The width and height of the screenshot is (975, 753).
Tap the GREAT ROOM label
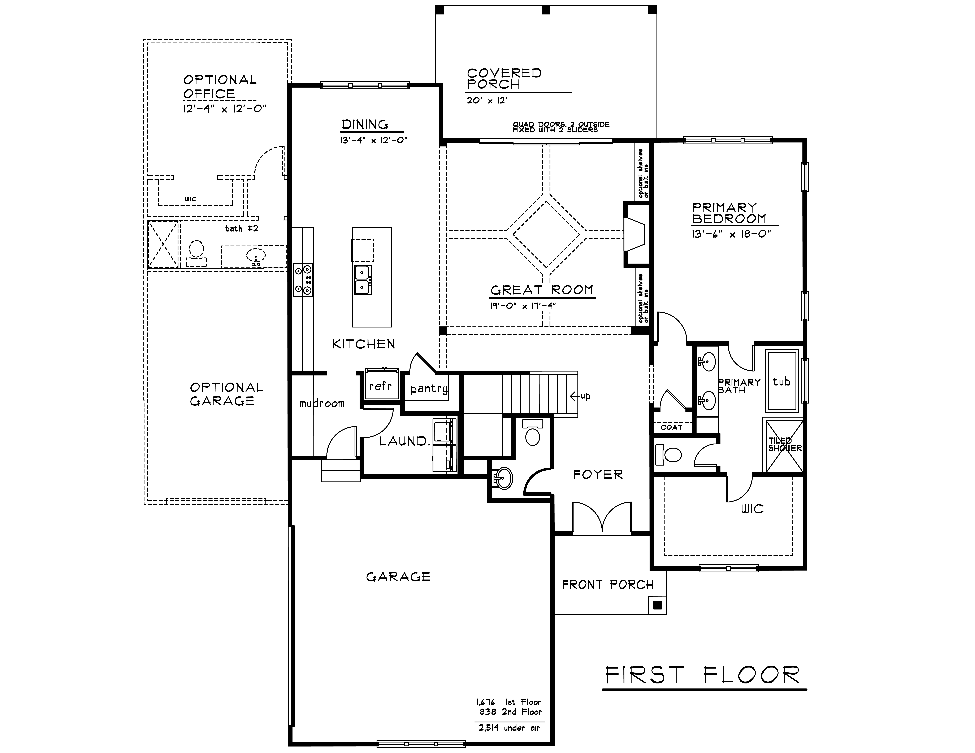(x=542, y=290)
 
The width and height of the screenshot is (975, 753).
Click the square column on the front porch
(x=657, y=605)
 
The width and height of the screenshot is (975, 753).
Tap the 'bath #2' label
(x=242, y=228)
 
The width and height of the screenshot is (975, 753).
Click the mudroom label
(x=322, y=404)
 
